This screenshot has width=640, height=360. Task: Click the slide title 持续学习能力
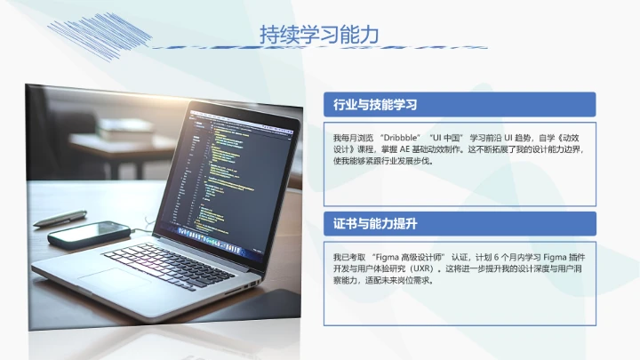(319, 35)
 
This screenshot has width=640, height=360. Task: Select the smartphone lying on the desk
(89, 234)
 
